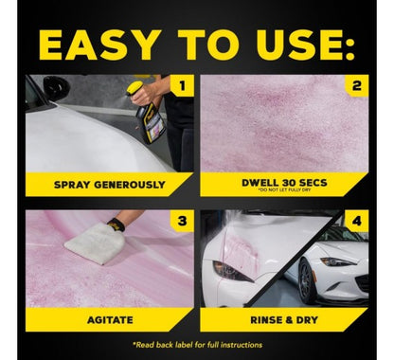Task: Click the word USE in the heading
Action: [300, 45]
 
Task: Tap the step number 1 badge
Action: [182, 85]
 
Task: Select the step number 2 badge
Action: [356, 85]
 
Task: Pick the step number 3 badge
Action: [182, 221]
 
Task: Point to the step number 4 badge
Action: [356, 221]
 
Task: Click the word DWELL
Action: [260, 183]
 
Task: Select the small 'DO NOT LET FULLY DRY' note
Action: [284, 189]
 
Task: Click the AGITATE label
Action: [110, 320]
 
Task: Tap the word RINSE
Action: [265, 320]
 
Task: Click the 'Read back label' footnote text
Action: [197, 345]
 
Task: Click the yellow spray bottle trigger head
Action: [135, 86]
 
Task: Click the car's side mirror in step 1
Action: [56, 86]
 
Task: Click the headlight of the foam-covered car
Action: [233, 271]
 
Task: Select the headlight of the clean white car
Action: [338, 261]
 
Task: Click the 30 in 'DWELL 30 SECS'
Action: [289, 183]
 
